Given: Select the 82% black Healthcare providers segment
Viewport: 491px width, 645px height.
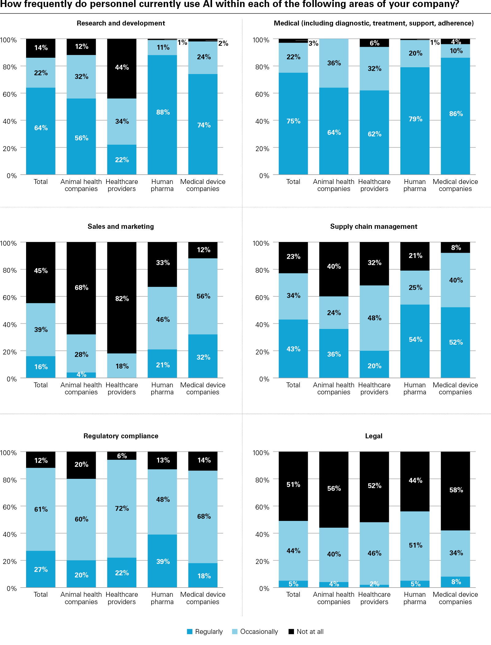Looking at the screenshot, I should click(122, 298).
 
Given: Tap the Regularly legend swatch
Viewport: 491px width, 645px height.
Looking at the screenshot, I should click(190, 631).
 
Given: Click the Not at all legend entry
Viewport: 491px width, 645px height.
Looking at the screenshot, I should click(306, 631).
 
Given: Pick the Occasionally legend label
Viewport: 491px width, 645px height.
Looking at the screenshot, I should click(259, 631).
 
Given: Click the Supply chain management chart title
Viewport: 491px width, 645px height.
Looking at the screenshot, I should click(373, 226).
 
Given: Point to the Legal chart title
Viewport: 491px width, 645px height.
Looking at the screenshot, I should click(373, 436).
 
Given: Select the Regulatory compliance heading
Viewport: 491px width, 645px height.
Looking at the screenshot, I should click(121, 436).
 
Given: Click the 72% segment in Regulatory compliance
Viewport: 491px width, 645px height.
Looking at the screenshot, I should click(122, 508).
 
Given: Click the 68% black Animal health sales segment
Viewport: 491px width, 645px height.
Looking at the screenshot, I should click(81, 288).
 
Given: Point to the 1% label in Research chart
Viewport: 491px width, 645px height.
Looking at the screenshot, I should click(183, 42).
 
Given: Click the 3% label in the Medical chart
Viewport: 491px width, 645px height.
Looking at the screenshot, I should click(313, 43).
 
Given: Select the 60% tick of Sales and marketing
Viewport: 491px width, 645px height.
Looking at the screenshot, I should click(10, 297).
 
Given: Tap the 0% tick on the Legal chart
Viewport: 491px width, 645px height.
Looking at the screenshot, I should click(264, 588).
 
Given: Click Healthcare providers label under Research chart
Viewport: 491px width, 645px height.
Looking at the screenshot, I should click(122, 185).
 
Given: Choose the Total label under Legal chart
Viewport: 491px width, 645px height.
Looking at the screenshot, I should click(293, 594).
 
